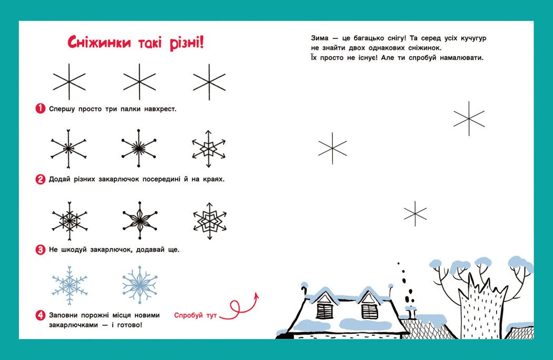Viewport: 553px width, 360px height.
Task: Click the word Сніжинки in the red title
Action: [x=99, y=42]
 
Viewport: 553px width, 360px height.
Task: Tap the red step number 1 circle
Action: [x=40, y=109]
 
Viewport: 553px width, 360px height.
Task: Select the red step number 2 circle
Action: [x=40, y=179]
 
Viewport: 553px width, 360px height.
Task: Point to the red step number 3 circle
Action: [x=40, y=250]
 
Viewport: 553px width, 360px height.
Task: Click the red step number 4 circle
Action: [x=40, y=315]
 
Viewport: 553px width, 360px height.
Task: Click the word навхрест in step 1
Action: [x=160, y=109]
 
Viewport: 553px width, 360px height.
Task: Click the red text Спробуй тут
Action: [x=195, y=315]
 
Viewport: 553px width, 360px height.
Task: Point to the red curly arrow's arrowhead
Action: [x=256, y=296]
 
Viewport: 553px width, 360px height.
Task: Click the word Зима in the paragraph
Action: [x=320, y=38]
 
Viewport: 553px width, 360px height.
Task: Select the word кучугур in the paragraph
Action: [x=473, y=38]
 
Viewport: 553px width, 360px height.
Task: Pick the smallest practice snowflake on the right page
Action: [x=415, y=213]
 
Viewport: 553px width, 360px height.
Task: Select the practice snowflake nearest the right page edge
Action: [x=469, y=119]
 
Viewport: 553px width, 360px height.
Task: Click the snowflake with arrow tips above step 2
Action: [x=209, y=149]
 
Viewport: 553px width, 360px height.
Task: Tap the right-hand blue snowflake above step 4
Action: [x=140, y=285]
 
